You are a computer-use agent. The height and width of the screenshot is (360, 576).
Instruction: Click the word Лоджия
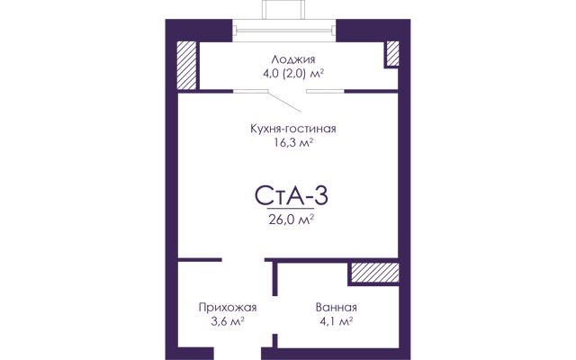pyautogui.click(x=293, y=60)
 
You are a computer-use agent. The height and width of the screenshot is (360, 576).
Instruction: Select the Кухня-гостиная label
pyautogui.click(x=293, y=129)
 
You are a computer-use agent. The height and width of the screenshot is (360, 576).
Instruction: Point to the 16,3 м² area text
pyautogui.click(x=293, y=142)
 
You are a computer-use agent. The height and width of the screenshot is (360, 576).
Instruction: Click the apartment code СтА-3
pyautogui.click(x=292, y=195)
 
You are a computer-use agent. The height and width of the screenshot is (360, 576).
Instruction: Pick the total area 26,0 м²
pyautogui.click(x=292, y=220)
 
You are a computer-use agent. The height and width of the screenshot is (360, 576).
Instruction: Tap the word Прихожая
pyautogui.click(x=228, y=308)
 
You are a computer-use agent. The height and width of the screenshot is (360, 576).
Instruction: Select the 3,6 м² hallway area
pyautogui.click(x=228, y=322)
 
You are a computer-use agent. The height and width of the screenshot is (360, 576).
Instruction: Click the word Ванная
pyautogui.click(x=336, y=308)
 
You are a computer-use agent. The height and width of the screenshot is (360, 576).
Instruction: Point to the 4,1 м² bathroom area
pyautogui.click(x=337, y=322)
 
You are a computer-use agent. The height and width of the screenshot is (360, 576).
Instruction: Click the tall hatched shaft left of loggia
pyautogui.click(x=186, y=65)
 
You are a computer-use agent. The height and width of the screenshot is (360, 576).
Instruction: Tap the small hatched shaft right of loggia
pyautogui.click(x=392, y=54)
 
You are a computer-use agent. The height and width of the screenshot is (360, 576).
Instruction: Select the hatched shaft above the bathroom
pyautogui.click(x=375, y=273)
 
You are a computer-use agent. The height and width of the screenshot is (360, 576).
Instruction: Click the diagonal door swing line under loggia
pyautogui.click(x=284, y=102)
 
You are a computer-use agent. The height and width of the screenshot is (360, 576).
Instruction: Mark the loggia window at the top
pyautogui.click(x=284, y=30)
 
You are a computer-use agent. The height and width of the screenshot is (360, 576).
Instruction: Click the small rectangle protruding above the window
pyautogui.click(x=283, y=10)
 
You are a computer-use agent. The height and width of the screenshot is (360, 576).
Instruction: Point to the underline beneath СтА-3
pyautogui.click(x=291, y=208)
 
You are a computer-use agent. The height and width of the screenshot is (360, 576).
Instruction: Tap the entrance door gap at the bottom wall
pyautogui.click(x=238, y=353)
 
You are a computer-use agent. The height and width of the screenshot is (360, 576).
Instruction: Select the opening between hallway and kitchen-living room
pyautogui.click(x=243, y=260)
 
